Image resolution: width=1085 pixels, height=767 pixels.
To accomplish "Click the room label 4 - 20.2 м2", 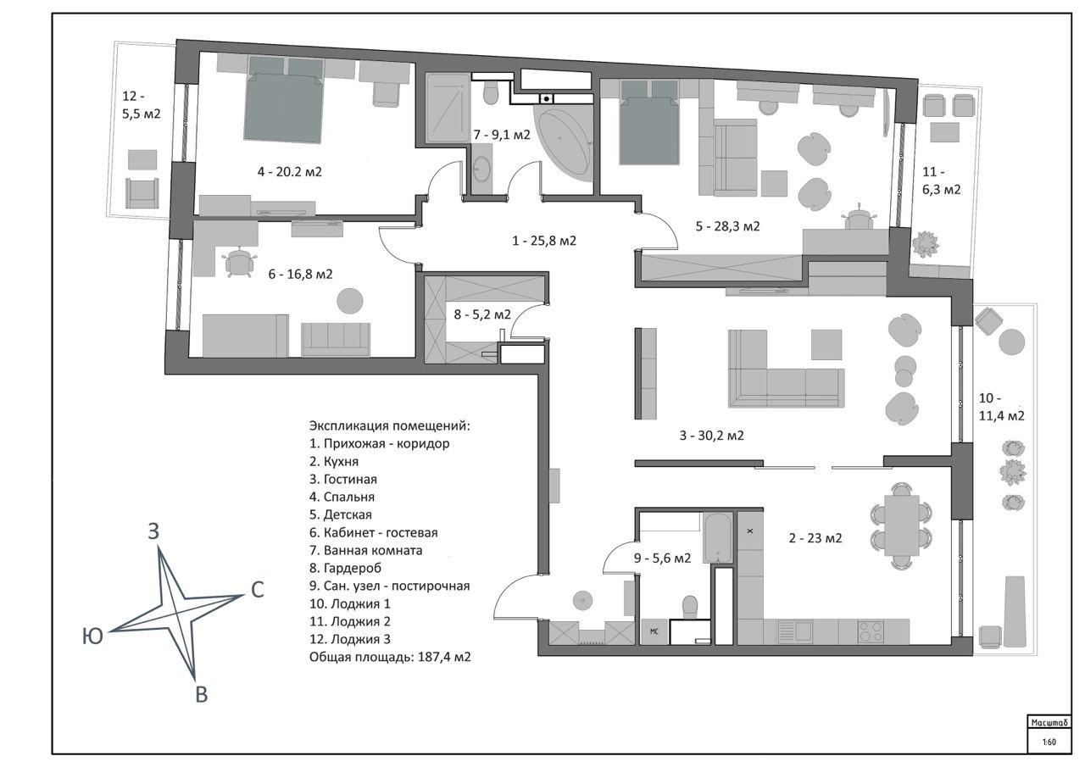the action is pyautogui.click(x=290, y=171).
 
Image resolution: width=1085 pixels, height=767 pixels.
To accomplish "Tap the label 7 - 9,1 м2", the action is pyautogui.click(x=502, y=134).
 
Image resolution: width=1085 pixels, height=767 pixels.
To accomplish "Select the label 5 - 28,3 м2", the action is pyautogui.click(x=727, y=226).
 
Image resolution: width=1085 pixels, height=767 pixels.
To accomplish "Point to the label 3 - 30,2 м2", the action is pyautogui.click(x=712, y=436).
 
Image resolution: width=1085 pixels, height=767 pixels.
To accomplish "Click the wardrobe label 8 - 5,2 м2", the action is pyautogui.click(x=482, y=314).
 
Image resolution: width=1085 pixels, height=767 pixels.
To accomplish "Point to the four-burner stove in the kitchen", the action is pyautogui.click(x=871, y=631).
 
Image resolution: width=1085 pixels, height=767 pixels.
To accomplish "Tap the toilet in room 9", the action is pyautogui.click(x=690, y=606).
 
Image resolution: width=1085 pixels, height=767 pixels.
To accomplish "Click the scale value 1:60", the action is pyautogui.click(x=1049, y=742).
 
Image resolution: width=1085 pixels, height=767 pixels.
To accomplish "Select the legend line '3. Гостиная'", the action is pyautogui.click(x=343, y=479).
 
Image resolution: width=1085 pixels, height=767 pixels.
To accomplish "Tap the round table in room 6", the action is pyautogui.click(x=350, y=301).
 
